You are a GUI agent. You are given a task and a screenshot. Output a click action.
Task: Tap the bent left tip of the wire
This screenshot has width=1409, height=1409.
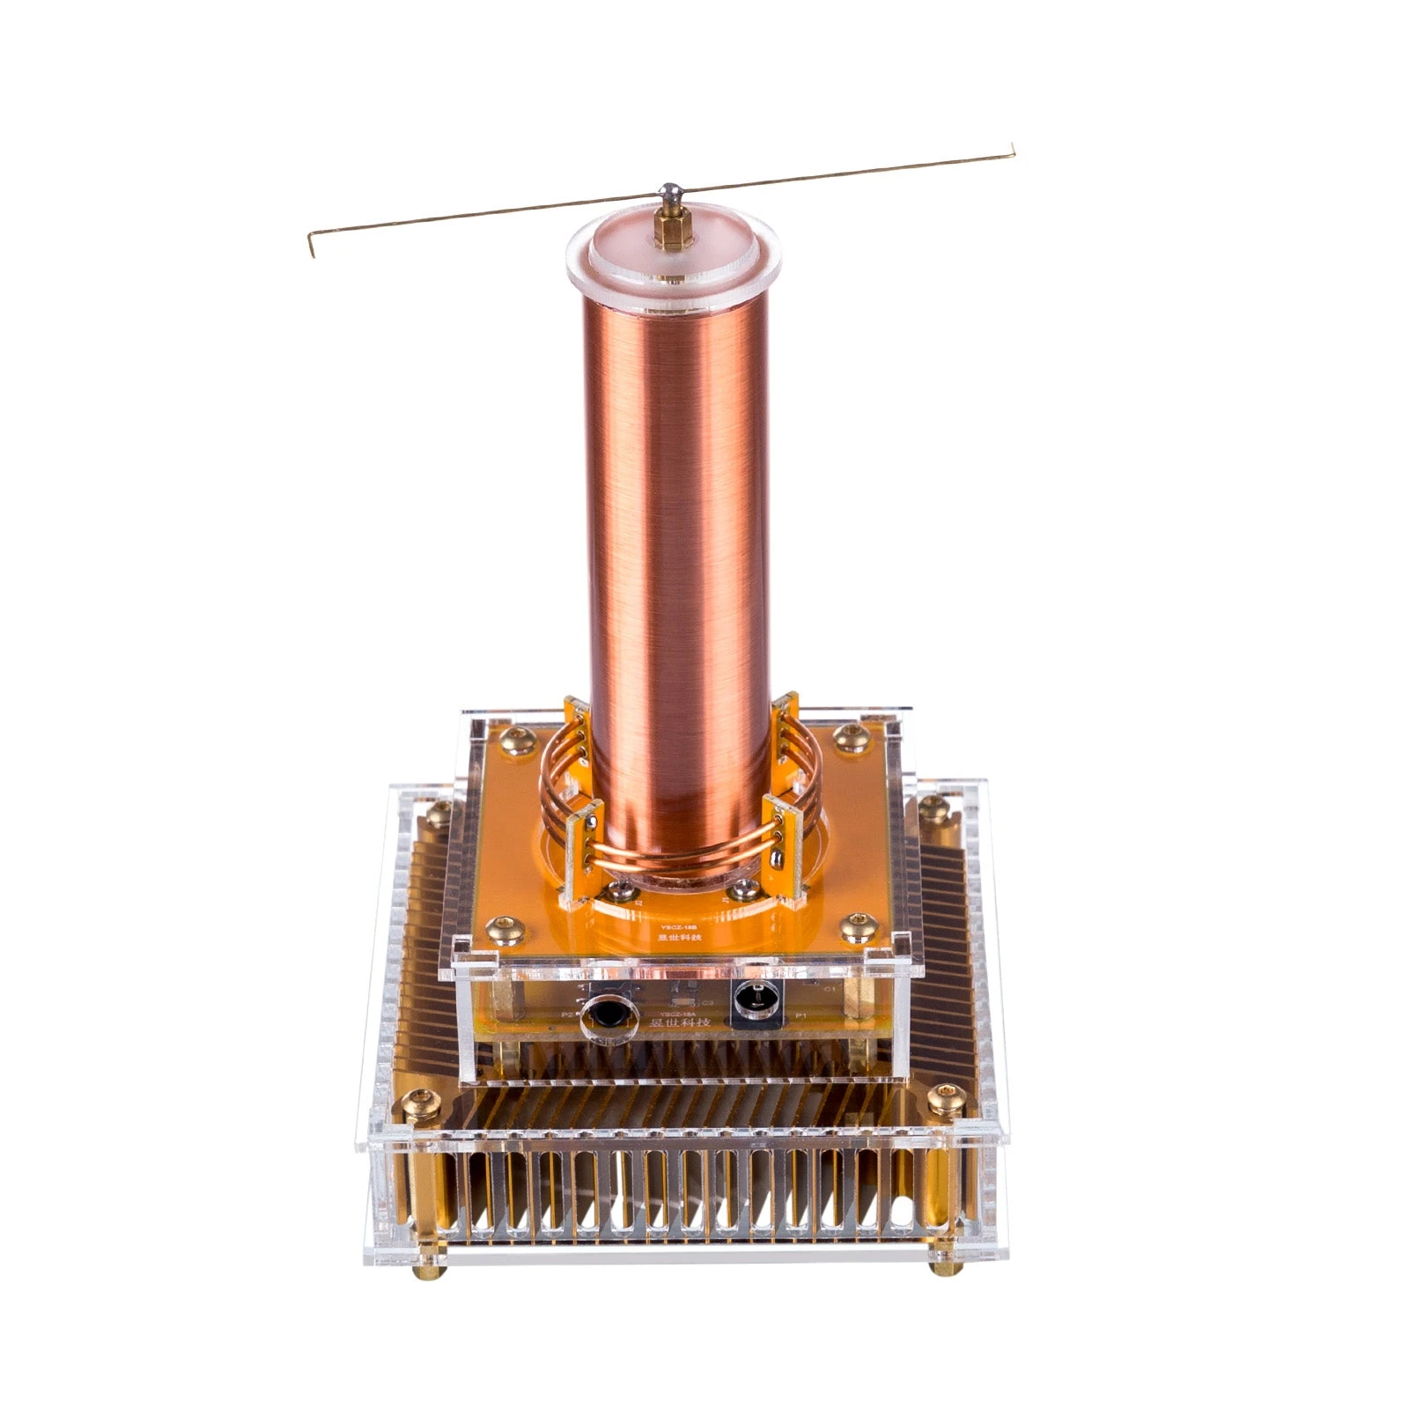point(311,246)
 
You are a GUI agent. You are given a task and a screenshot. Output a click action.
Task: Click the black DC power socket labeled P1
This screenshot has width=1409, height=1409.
point(755,1003)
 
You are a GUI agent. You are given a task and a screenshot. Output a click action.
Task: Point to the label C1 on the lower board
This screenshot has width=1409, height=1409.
point(829,990)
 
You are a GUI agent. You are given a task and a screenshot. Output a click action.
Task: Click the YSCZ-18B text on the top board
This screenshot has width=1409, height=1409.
point(673,926)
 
